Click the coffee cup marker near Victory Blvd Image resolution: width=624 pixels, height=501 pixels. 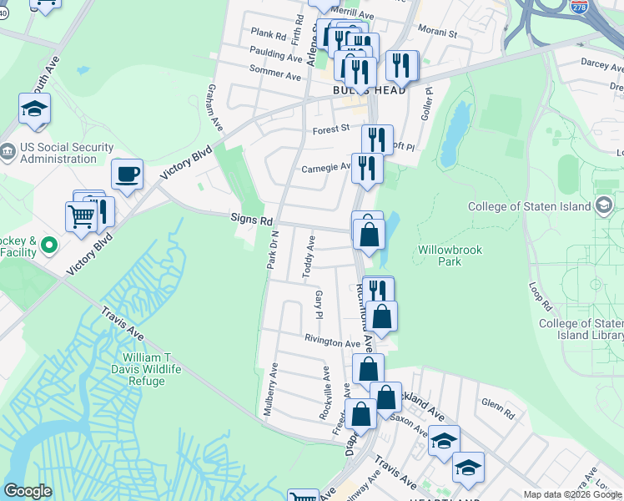[x=127, y=175]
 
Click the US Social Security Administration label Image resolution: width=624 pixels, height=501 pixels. [x=67, y=154]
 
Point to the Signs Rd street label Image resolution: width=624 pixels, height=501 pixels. [x=252, y=220]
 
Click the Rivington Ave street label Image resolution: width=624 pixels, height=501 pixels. [x=332, y=342]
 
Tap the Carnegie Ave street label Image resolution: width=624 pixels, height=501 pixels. [x=326, y=166]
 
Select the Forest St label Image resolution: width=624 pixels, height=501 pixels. [x=331, y=129]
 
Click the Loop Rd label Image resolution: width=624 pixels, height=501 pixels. [x=540, y=293]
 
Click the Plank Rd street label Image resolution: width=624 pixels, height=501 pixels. [x=269, y=32]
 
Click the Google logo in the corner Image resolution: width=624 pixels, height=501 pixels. [x=28, y=490]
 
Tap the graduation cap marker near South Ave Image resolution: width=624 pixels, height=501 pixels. [x=35, y=109]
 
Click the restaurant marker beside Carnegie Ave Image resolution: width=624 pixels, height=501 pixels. [x=367, y=169]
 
